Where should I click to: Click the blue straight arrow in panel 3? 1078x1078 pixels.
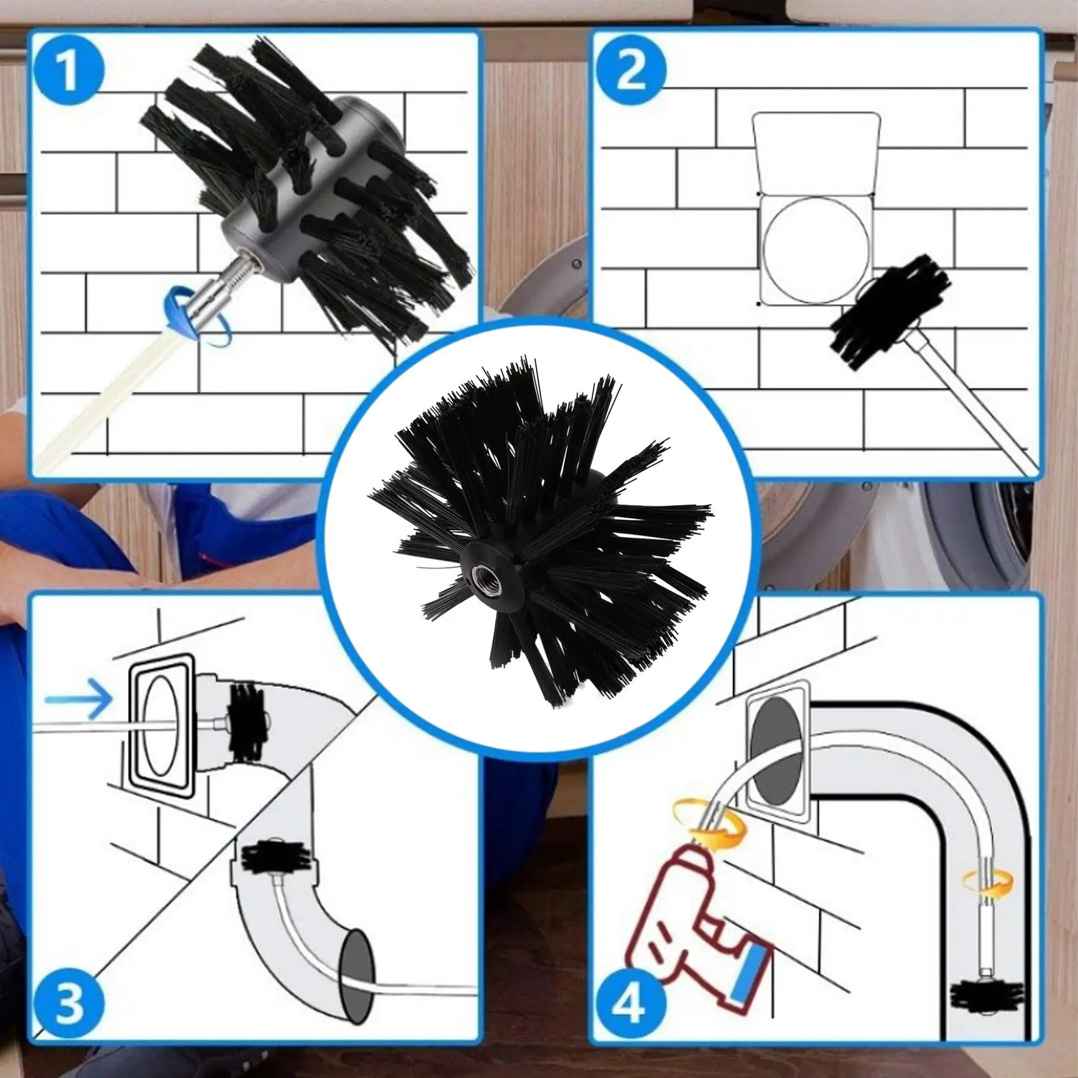coord(79,699)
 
